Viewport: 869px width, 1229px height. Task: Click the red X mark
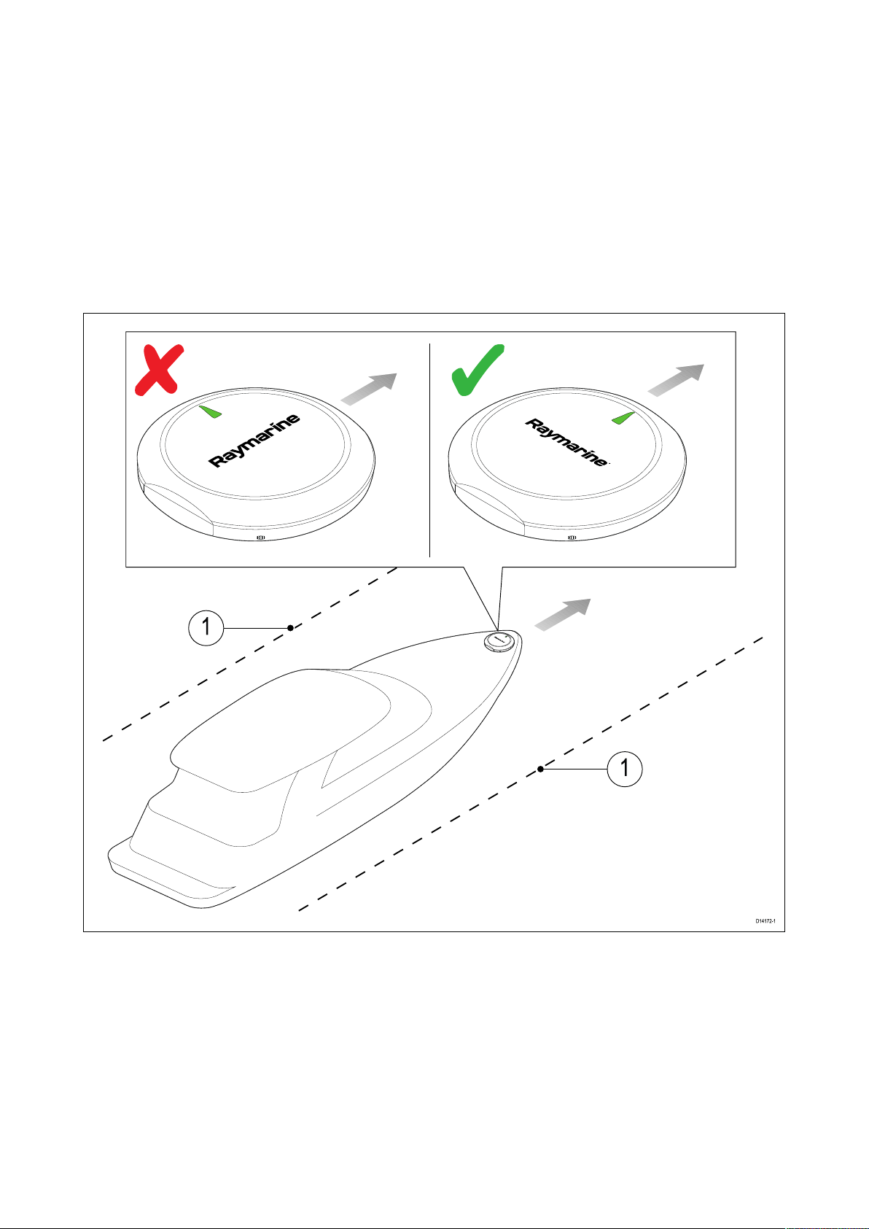pos(159,370)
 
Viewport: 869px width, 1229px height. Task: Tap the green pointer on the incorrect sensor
pos(211,411)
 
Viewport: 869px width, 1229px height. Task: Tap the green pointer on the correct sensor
pos(623,417)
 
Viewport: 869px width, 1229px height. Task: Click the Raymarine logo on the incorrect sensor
pos(254,441)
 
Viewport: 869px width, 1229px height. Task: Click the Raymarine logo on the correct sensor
pos(566,442)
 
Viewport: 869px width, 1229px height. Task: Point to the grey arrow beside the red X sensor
pos(368,389)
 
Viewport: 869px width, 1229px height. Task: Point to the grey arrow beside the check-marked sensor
pos(676,380)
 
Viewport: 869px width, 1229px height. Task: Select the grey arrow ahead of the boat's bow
pos(563,614)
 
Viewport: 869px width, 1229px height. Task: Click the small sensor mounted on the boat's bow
pos(499,641)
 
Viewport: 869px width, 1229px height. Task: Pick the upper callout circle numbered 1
pos(206,627)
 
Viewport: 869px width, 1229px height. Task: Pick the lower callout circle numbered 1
pos(625,769)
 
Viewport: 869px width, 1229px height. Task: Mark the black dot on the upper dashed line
pos(291,628)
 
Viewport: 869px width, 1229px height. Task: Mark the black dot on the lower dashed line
pos(541,769)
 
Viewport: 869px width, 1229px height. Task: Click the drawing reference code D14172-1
pos(765,921)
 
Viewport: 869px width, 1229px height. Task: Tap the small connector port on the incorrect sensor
pos(261,538)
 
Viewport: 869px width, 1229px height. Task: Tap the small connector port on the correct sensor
pos(572,538)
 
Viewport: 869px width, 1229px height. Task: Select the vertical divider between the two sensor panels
pos(430,450)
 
